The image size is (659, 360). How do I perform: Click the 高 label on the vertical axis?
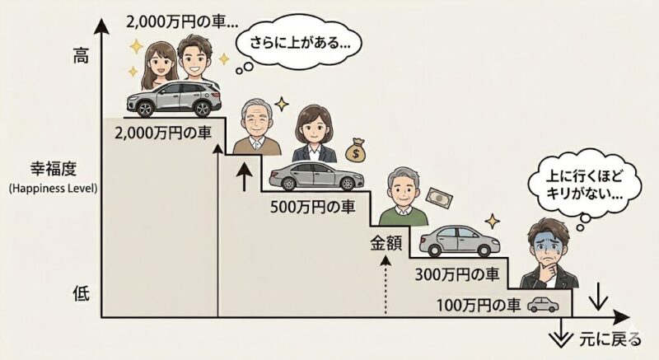pos(81,55)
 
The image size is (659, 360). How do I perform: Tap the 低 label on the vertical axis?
pos(81,292)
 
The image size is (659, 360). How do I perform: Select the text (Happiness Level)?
pos(53,188)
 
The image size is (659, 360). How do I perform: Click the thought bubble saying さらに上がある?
pos(299,44)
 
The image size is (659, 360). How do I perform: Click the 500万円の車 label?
pos(313,207)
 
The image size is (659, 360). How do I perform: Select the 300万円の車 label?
pos(457,274)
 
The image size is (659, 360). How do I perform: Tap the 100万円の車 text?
pos(479,305)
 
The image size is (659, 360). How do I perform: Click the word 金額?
pos(386,244)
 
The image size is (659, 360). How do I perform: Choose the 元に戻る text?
pos(610,339)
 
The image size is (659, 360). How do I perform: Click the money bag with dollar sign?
pos(355,151)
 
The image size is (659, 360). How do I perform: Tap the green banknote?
pos(440,198)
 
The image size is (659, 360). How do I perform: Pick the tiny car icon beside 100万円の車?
pos(543,305)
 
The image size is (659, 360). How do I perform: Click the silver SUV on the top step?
pos(174,99)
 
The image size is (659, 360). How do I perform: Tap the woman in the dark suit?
pos(314,133)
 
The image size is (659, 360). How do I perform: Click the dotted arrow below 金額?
pos(386,285)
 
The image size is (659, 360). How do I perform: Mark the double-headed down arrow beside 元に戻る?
pos(561,333)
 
